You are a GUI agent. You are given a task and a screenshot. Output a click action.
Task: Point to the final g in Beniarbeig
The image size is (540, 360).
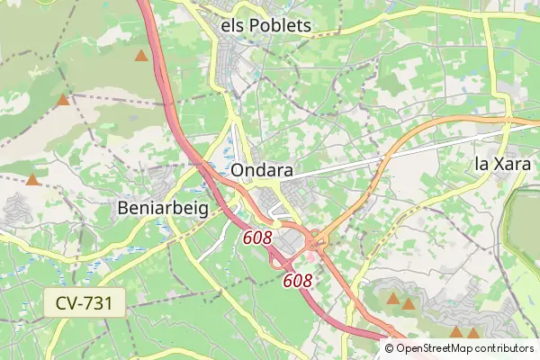pyautogui.click(x=202, y=211)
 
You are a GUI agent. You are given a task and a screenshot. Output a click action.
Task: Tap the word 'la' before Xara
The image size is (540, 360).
pyautogui.click(x=481, y=164)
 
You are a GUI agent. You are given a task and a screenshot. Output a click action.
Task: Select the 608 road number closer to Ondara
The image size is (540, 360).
pyautogui.click(x=257, y=238)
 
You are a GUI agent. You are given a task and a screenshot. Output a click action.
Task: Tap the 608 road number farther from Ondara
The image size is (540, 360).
pyautogui.click(x=298, y=281)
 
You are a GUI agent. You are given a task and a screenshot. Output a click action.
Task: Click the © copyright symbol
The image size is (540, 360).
pyautogui.click(x=390, y=348)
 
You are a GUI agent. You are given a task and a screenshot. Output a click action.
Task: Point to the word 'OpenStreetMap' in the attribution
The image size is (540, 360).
pyautogui.click(x=436, y=348)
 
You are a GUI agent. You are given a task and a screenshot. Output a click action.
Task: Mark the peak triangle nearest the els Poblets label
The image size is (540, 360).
pyautogui.click(x=141, y=56)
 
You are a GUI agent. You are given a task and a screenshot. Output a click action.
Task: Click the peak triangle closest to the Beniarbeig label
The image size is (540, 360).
pyautogui.click(x=33, y=180)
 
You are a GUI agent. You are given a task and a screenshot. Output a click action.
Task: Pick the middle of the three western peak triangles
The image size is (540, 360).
pyautogui.click(x=62, y=100)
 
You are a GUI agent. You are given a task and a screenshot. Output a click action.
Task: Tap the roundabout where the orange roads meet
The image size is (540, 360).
pyautogui.click(x=317, y=240)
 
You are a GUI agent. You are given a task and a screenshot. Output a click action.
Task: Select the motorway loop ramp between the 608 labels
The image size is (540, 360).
pyautogui.click(x=275, y=262)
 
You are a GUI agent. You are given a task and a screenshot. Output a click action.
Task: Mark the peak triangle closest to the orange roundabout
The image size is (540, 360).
pyautogui.click(x=393, y=298)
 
